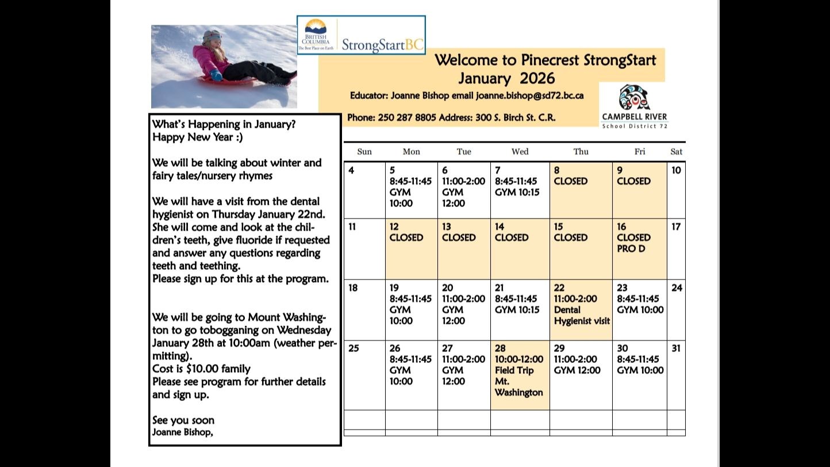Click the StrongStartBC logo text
(x=382, y=45)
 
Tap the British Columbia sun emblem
(x=316, y=26)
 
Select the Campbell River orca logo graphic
(x=634, y=97)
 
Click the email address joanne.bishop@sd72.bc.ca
(x=529, y=95)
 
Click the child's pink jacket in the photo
(x=210, y=59)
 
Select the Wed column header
(x=520, y=152)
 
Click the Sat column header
(x=676, y=152)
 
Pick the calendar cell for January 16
(x=640, y=249)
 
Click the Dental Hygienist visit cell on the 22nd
(x=581, y=310)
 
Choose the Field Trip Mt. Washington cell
(x=520, y=375)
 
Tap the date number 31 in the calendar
(x=676, y=348)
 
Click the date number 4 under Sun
(x=351, y=170)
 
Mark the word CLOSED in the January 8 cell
(x=571, y=181)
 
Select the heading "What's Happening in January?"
(x=224, y=124)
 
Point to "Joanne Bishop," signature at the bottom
(x=182, y=432)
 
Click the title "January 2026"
(x=506, y=78)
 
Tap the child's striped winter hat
(x=212, y=36)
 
